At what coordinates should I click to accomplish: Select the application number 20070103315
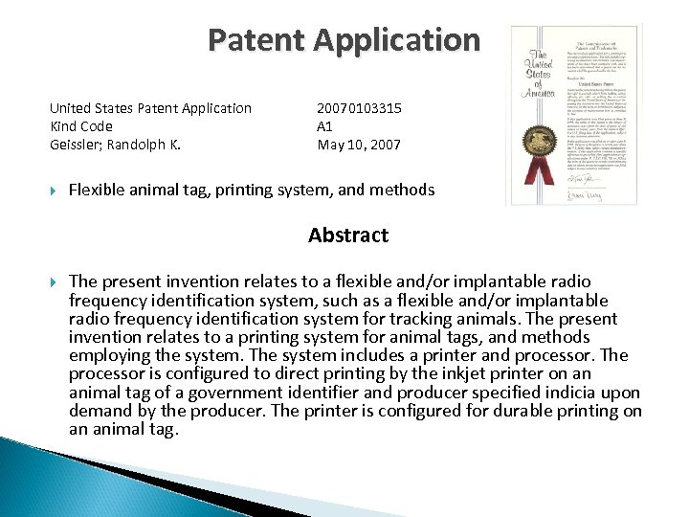point(359,108)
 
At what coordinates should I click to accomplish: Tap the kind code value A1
point(325,126)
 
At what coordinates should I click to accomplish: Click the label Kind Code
point(81,126)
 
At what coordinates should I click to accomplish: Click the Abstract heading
point(348,236)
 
